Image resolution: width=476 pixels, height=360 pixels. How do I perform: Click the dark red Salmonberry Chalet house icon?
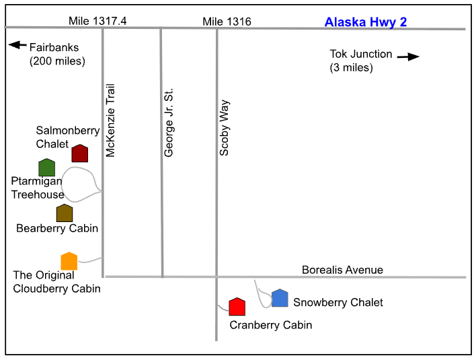pyautogui.click(x=80, y=153)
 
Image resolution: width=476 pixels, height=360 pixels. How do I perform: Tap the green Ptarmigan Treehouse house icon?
pyautogui.click(x=47, y=167)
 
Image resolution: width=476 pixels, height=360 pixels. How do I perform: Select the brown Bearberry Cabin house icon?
pyautogui.click(x=65, y=213)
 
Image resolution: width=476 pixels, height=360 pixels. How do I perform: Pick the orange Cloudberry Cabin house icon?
pyautogui.click(x=69, y=261)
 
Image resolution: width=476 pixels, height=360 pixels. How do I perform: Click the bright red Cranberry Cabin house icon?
pyautogui.click(x=237, y=307)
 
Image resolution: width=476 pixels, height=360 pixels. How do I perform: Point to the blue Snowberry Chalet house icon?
pyautogui.click(x=280, y=298)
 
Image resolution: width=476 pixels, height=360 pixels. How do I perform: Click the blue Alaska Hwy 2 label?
pyautogui.click(x=366, y=22)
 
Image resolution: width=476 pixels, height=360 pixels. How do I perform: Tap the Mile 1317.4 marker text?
pyautogui.click(x=97, y=21)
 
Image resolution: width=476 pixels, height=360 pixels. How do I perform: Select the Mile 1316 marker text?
pyautogui.click(x=227, y=22)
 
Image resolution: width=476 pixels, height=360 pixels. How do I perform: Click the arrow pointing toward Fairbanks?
pyautogui.click(x=17, y=45)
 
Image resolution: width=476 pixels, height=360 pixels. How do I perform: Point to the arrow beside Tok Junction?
pyautogui.click(x=408, y=57)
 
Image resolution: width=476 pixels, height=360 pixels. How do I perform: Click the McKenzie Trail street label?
pyautogui.click(x=110, y=120)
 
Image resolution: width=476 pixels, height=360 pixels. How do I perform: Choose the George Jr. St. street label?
pyautogui.click(x=168, y=122)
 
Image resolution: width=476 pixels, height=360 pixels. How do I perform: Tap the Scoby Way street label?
pyautogui.click(x=225, y=128)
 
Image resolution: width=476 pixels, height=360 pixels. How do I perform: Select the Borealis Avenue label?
pyautogui.click(x=342, y=270)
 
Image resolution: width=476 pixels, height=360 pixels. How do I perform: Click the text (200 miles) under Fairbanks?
pyautogui.click(x=57, y=61)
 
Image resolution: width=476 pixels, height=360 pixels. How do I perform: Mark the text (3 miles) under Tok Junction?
pyautogui.click(x=351, y=67)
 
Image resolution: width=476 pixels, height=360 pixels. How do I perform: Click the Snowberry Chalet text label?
pyautogui.click(x=338, y=303)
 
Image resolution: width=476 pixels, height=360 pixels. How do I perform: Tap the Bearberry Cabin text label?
pyautogui.click(x=57, y=228)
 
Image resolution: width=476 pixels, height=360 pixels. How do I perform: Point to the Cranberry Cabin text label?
pyautogui.click(x=271, y=325)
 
